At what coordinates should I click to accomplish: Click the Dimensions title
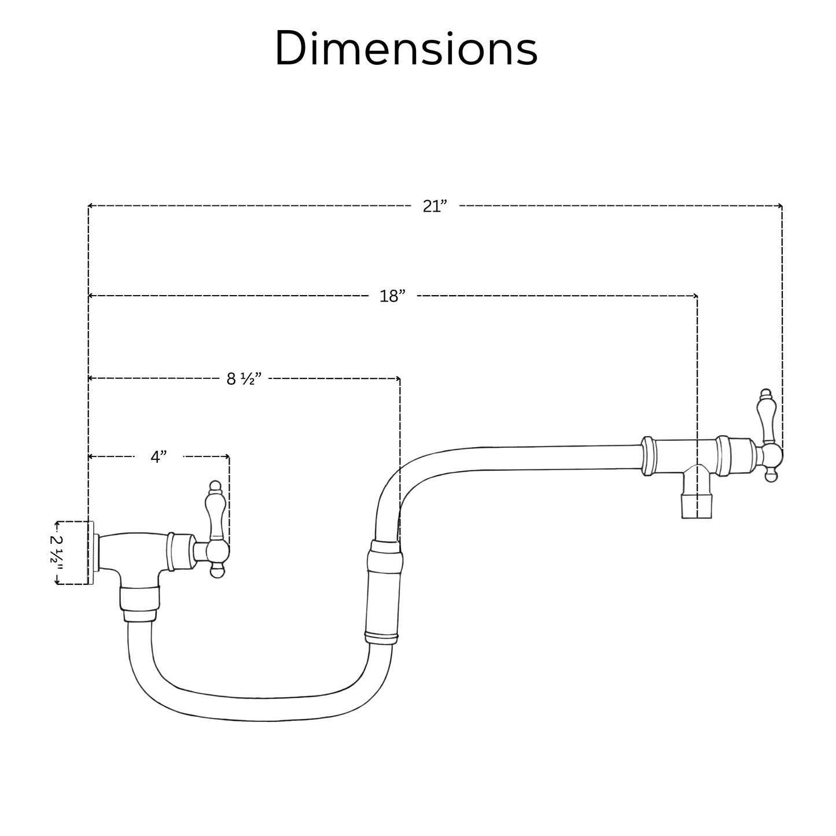tap(406, 49)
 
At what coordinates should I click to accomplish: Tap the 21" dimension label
tap(434, 207)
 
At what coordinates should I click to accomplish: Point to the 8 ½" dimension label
tap(244, 379)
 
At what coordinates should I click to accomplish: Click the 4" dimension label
tap(159, 457)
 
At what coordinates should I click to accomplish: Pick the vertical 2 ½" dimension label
tap(57, 553)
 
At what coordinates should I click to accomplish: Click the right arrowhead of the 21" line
tap(780, 206)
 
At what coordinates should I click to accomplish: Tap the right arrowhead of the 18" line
tap(695, 296)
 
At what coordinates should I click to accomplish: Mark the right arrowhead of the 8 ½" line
tap(398, 378)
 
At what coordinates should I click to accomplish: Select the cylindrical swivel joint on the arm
tap(384, 590)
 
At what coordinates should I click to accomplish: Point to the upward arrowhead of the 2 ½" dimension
tap(57, 524)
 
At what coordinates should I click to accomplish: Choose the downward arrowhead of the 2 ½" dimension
tap(57, 583)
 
